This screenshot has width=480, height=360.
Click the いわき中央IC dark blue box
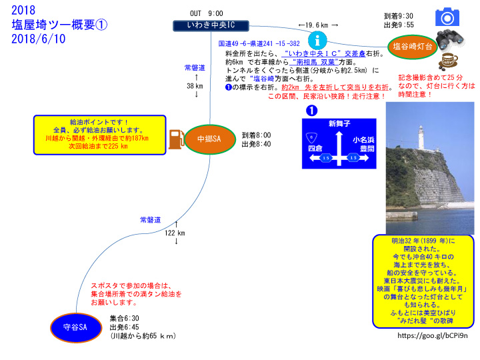point(211,26)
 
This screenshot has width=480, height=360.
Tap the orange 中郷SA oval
point(209,139)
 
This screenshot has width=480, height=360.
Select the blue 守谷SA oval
point(79,327)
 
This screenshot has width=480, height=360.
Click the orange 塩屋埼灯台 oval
point(412,46)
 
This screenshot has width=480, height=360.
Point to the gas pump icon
point(176,139)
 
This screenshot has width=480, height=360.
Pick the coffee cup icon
point(447,62)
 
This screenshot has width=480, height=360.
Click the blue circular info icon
point(321,39)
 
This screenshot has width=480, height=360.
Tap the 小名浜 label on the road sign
point(364,140)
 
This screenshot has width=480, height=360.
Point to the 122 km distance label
point(176,232)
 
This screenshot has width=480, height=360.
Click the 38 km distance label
point(195,85)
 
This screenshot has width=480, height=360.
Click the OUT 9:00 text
point(207,13)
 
